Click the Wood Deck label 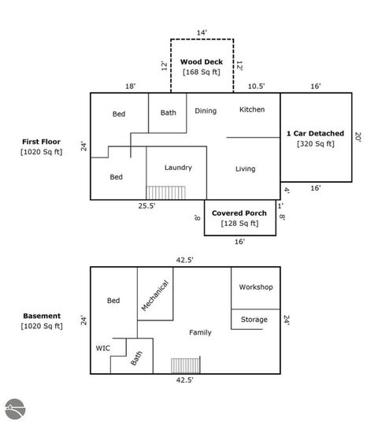202,62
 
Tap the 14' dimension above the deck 202,32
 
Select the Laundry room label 178,168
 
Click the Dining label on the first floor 206,111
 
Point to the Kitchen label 252,109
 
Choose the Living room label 245,168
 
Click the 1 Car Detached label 315,134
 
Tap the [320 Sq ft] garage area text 316,144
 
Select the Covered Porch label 239,213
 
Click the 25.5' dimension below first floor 146,206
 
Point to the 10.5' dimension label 256,86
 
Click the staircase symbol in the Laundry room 166,193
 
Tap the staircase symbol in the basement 186,365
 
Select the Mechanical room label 155,295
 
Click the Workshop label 256,287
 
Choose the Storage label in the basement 254,320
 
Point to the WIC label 103,348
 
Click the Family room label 200,333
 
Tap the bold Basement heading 42,316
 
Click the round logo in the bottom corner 15,409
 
